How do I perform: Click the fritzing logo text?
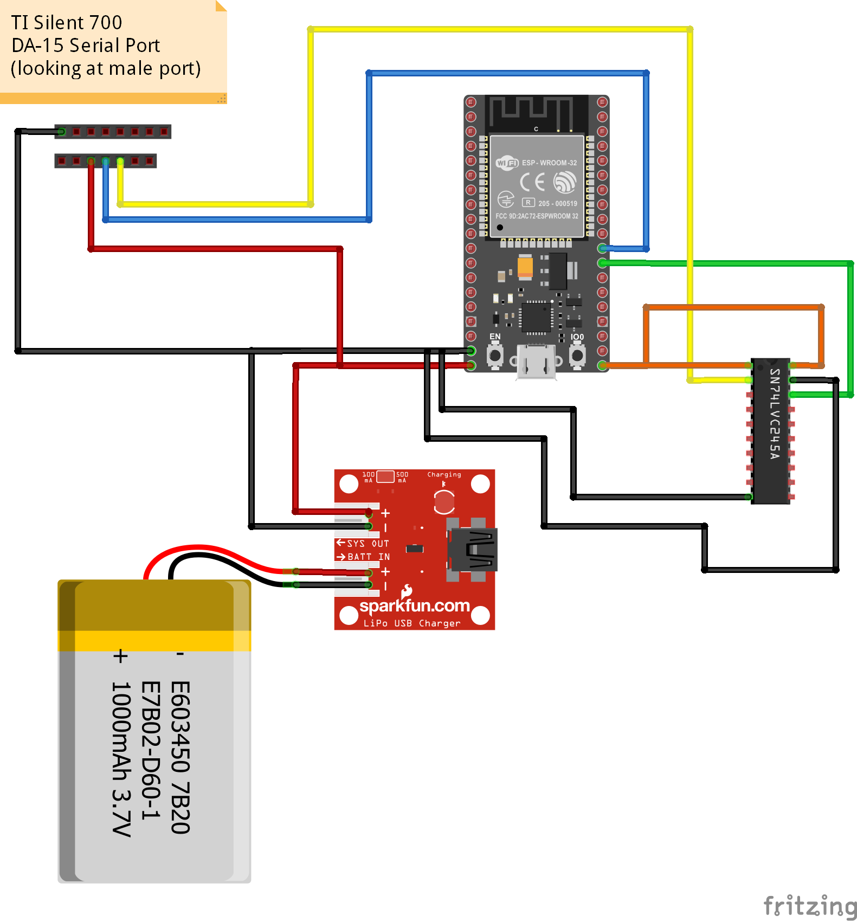(x=809, y=906)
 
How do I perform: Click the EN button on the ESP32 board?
(x=495, y=356)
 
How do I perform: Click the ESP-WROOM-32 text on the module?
(x=549, y=163)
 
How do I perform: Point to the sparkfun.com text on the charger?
(x=414, y=605)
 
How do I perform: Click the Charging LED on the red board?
(x=444, y=502)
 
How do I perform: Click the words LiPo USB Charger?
(x=411, y=623)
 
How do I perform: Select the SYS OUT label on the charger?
(x=368, y=543)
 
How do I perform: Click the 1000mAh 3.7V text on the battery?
(x=121, y=759)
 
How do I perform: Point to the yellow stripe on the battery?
(x=154, y=641)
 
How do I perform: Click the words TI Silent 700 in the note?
(x=67, y=23)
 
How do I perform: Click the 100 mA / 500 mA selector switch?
(x=385, y=476)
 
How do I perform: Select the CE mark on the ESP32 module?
(x=532, y=183)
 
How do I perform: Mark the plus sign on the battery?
(x=120, y=656)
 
